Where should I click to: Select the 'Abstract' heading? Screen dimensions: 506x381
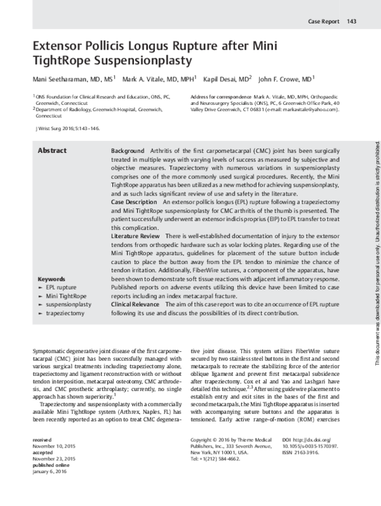tap(53, 150)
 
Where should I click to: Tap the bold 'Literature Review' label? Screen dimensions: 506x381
tap(135, 236)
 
